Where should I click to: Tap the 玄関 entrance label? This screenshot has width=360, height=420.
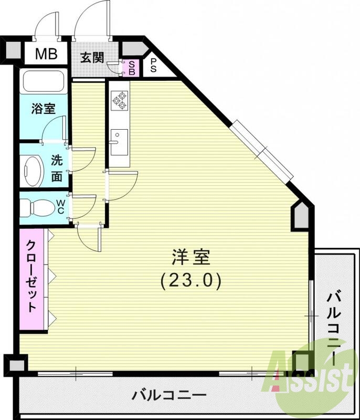tap(92, 57)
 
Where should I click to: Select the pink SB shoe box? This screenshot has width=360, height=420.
tap(132, 67)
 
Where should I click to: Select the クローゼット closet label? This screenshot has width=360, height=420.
tap(32, 276)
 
